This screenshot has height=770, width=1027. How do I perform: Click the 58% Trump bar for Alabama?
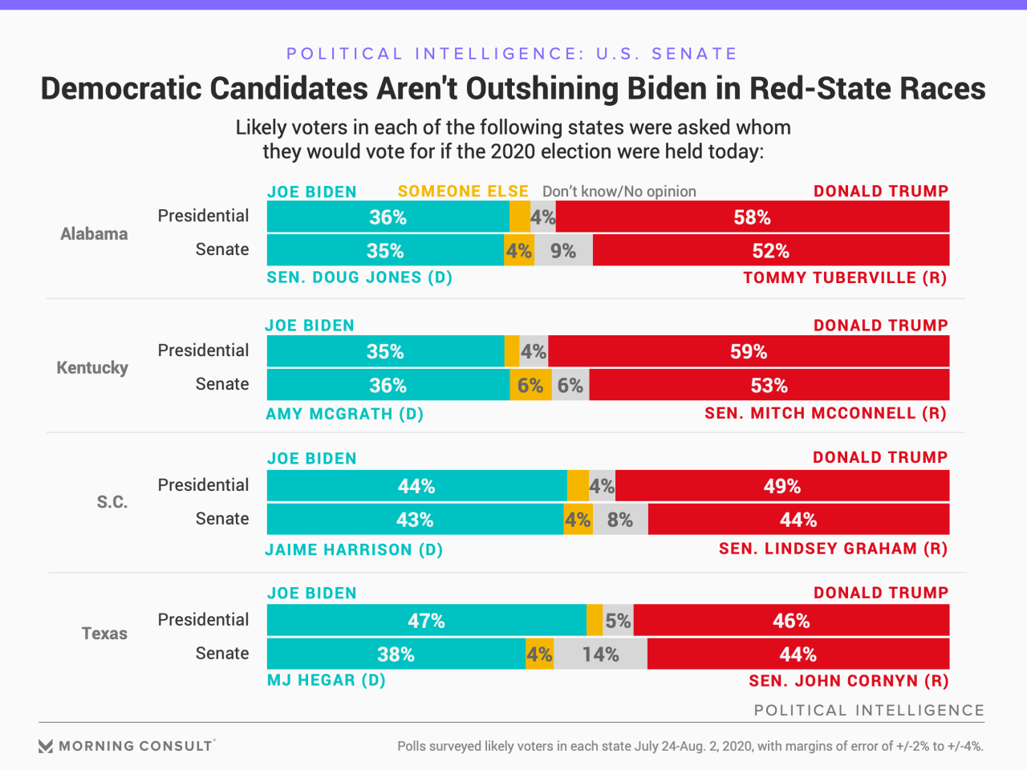(752, 217)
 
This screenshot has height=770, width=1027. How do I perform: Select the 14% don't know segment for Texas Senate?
(600, 654)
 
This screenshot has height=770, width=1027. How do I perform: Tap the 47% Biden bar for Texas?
(426, 621)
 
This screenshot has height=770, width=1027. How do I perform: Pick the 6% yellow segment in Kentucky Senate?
(530, 386)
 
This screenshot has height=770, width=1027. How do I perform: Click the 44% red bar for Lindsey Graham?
(798, 520)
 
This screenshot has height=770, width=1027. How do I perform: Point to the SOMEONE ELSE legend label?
(463, 191)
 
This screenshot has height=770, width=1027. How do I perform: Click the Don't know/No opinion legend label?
(619, 191)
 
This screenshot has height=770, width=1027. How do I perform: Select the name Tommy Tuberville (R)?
(845, 278)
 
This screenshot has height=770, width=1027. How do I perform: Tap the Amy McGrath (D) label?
(344, 414)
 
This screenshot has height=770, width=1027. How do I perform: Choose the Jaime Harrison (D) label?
(354, 549)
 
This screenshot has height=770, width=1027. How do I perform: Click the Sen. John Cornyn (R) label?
(848, 681)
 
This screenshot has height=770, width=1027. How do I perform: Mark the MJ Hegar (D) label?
(326, 680)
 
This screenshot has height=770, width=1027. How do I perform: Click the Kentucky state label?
(92, 368)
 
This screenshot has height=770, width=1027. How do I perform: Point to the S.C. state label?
(112, 502)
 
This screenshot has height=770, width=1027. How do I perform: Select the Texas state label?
(104, 634)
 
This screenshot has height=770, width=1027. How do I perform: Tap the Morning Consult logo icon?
(46, 746)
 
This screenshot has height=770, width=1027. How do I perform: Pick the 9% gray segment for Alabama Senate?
(563, 251)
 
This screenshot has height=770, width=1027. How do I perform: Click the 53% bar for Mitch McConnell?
(769, 386)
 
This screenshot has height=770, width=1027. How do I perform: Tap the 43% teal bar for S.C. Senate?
(415, 520)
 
